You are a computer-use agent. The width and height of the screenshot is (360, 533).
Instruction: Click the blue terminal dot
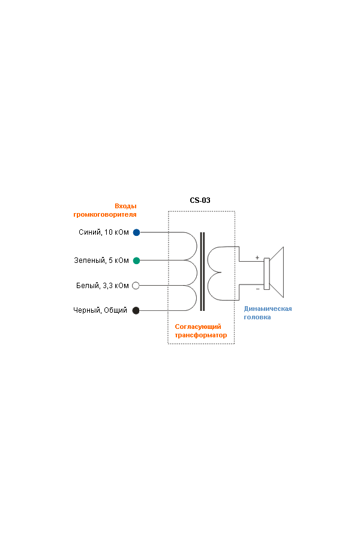(136, 232)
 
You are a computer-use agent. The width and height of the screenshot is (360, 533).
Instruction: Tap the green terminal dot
(136, 260)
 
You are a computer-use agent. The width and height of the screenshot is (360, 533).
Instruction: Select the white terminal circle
(136, 286)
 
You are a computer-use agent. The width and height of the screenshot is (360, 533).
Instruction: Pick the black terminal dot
(136, 310)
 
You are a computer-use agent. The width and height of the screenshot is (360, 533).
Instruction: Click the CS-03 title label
(200, 200)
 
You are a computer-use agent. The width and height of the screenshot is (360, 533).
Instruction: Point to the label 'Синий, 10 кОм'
(104, 232)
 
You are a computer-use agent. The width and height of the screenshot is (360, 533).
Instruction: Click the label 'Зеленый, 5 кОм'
(101, 260)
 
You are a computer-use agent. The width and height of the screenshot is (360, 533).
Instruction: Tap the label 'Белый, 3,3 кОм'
(103, 286)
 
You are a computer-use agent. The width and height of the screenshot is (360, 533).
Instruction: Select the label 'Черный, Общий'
(100, 310)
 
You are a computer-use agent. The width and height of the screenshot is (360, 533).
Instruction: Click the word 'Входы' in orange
(125, 206)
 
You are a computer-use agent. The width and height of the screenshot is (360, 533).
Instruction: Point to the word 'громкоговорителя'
(105, 214)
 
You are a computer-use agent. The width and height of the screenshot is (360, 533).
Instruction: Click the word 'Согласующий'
(198, 327)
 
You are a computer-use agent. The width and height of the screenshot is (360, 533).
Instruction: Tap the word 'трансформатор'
(201, 335)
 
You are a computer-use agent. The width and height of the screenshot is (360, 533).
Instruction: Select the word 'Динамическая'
(268, 309)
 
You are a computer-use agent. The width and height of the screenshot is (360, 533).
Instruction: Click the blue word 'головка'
(257, 317)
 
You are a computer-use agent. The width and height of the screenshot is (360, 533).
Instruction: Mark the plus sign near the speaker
(257, 257)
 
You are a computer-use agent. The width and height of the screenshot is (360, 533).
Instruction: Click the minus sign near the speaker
(257, 289)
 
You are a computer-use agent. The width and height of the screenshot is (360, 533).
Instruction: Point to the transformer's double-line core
(202, 271)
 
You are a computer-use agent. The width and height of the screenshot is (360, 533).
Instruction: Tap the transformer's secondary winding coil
(208, 274)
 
